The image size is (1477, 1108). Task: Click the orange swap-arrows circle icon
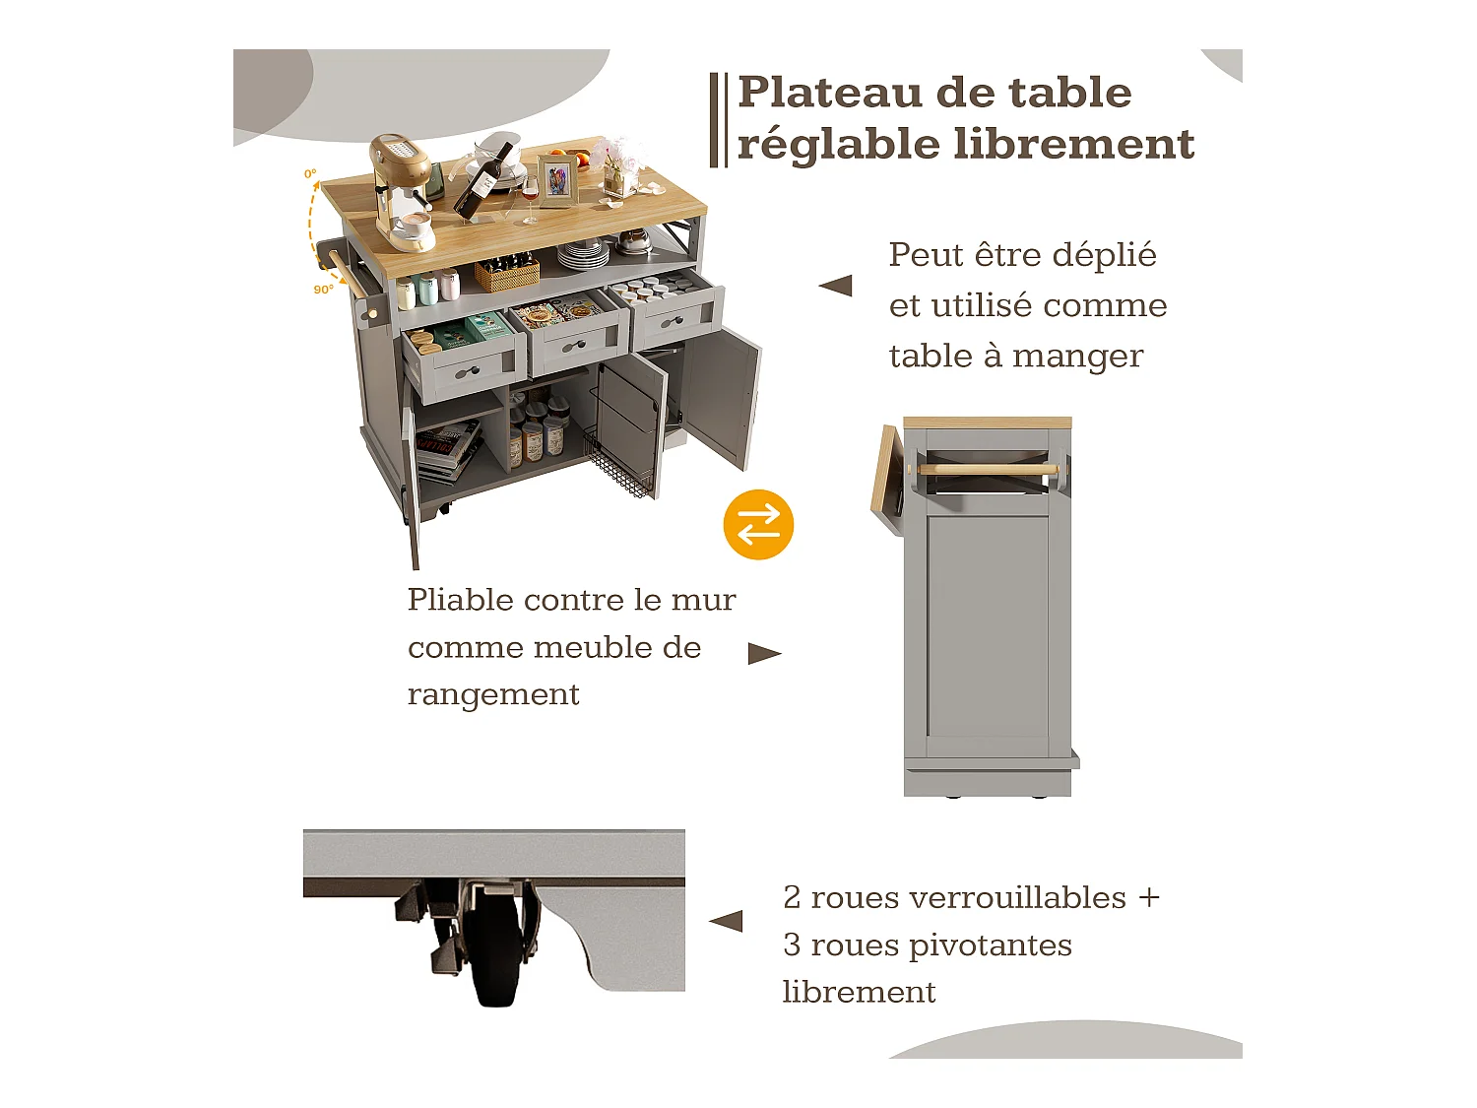(x=758, y=524)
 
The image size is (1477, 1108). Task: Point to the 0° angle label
(x=310, y=174)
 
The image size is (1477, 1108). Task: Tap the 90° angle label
(x=323, y=290)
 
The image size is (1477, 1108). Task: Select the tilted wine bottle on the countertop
(x=483, y=182)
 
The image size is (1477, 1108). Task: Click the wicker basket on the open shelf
(x=507, y=273)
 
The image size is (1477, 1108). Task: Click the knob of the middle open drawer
(x=575, y=345)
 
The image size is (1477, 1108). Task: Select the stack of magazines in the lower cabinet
(x=448, y=448)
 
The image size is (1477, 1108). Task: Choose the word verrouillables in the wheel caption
(x=1017, y=897)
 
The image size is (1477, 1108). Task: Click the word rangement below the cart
(x=493, y=694)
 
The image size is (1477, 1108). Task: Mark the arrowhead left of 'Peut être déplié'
(x=835, y=286)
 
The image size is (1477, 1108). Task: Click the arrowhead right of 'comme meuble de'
(x=764, y=654)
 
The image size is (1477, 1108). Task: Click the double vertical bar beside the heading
(x=719, y=119)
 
